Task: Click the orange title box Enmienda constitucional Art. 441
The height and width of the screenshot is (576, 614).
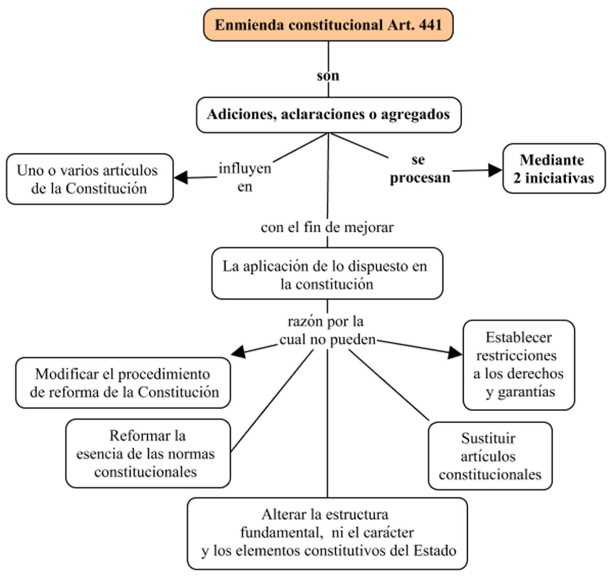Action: pyautogui.click(x=328, y=25)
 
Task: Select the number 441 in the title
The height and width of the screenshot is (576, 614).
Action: pyautogui.click(x=431, y=25)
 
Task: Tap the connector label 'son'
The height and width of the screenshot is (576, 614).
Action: pyautogui.click(x=328, y=76)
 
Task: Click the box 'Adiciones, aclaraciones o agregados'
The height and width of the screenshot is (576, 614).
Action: pyautogui.click(x=329, y=115)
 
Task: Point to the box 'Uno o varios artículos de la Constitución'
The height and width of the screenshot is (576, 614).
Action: pyautogui.click(x=89, y=179)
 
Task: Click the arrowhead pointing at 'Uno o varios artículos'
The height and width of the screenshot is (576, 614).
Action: pyautogui.click(x=181, y=178)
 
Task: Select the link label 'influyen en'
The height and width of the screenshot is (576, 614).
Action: pyautogui.click(x=245, y=177)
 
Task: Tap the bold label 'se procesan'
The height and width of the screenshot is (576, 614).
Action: pyautogui.click(x=420, y=169)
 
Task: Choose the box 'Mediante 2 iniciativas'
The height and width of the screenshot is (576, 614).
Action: pyautogui.click(x=554, y=169)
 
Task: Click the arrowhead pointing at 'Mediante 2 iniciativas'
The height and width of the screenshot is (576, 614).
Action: pyautogui.click(x=495, y=170)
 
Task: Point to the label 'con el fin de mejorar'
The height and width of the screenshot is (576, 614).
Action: pyautogui.click(x=327, y=228)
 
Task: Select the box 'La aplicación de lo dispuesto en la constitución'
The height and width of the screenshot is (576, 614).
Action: pyautogui.click(x=327, y=273)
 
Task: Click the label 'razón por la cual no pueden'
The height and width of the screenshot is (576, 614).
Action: pyautogui.click(x=327, y=330)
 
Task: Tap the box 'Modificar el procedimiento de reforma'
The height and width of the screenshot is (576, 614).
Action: pyautogui.click(x=123, y=383)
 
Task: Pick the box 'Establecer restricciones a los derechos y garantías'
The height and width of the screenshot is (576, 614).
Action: pyautogui.click(x=519, y=365)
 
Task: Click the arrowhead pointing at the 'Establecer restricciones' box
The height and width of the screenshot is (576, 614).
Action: pyautogui.click(x=455, y=353)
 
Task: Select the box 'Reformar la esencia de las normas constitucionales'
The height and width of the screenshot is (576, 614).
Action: pyautogui.click(x=148, y=453)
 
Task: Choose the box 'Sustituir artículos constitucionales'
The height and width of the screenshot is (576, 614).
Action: pyautogui.click(x=490, y=456)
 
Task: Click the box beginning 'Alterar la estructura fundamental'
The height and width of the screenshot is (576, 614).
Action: pyautogui.click(x=327, y=533)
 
